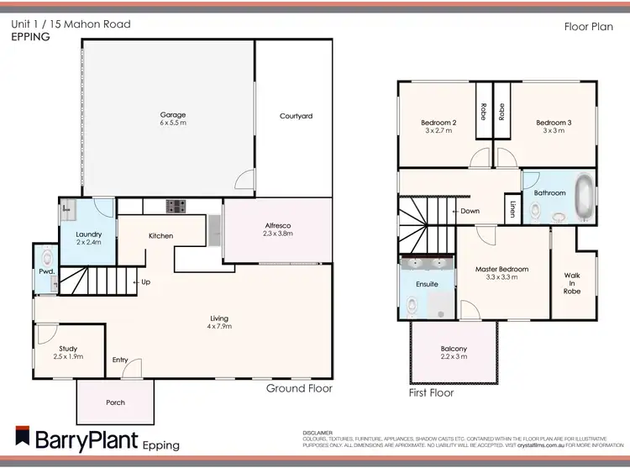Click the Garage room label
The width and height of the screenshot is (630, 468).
[173, 114]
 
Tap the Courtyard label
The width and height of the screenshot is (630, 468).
[296, 116]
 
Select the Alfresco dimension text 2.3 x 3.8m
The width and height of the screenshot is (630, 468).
[277, 235]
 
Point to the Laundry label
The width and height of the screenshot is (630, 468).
[88, 234]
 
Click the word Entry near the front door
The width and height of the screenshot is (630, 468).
[120, 360]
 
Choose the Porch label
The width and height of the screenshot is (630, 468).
[115, 402]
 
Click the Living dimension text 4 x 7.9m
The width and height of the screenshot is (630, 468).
[219, 326]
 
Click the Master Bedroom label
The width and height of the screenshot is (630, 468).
[501, 269]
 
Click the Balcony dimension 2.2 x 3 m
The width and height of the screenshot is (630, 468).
[454, 357]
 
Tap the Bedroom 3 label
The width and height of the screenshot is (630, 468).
[554, 123]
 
